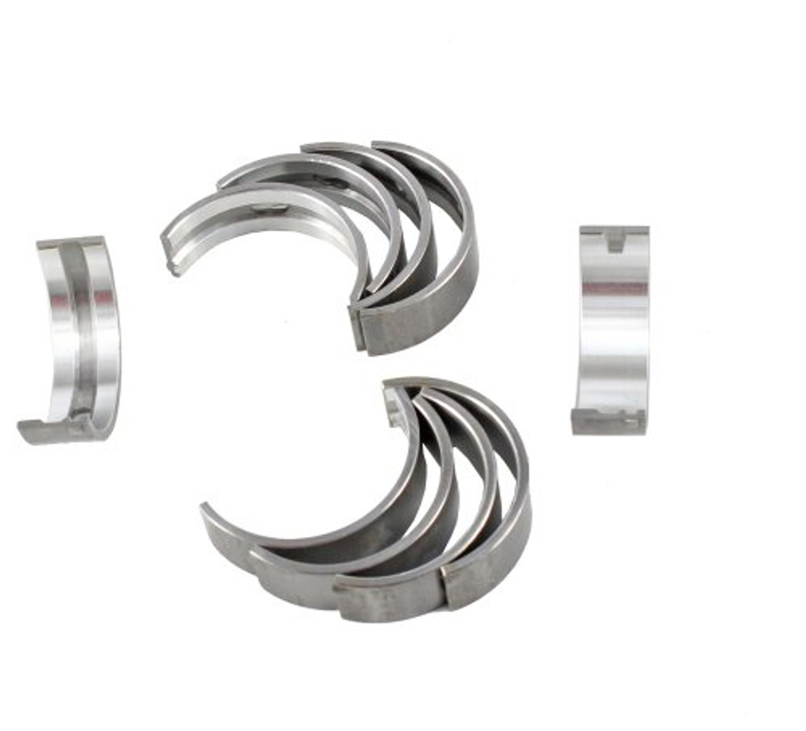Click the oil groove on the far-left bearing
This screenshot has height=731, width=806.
click(x=80, y=328)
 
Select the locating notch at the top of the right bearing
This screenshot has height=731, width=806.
click(x=615, y=241)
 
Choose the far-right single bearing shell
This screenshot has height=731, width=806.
click(x=614, y=331)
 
